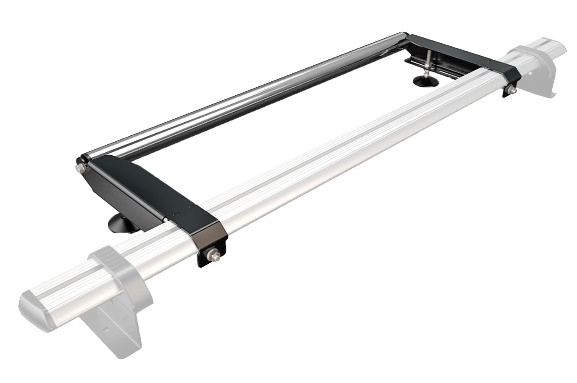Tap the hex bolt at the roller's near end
point(80,168)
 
